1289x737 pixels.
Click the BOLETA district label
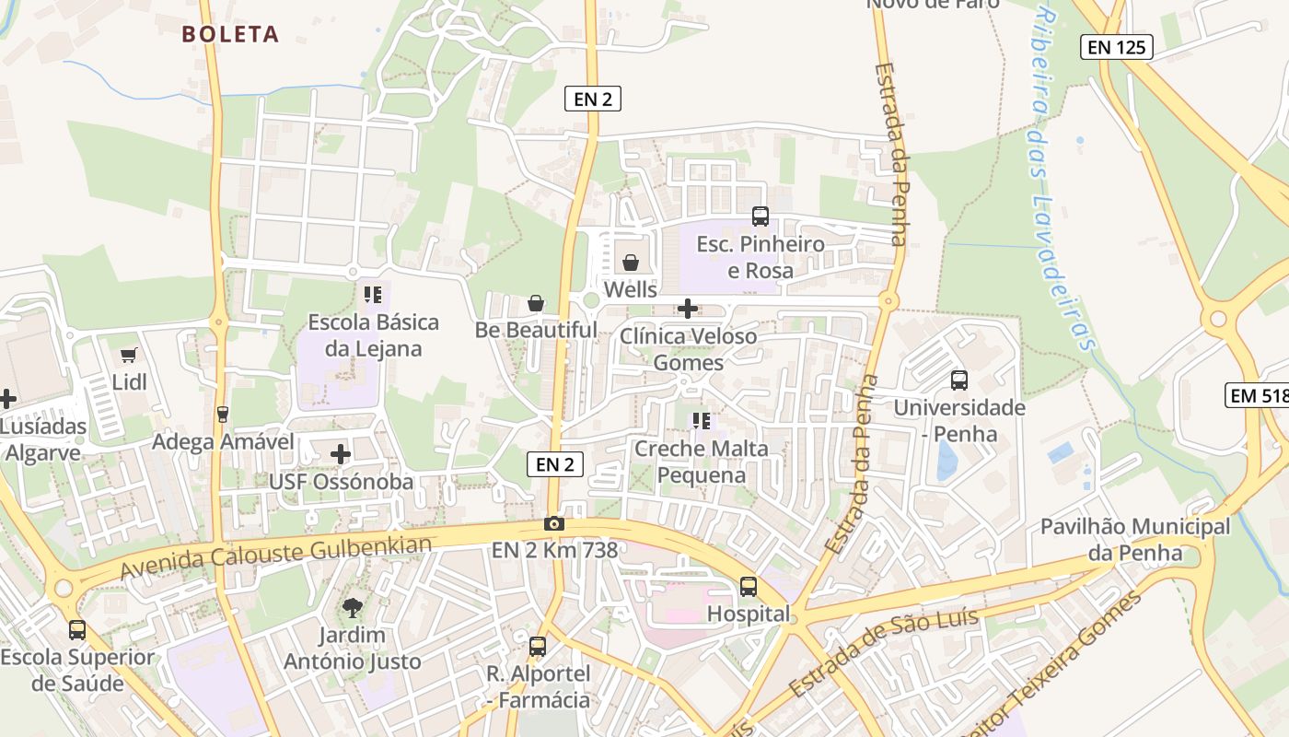click(x=230, y=35)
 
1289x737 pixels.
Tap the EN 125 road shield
click(x=1116, y=47)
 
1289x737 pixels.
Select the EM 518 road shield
click(x=1259, y=396)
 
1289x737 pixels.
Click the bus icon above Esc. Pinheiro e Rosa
click(x=761, y=216)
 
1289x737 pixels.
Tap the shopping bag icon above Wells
click(x=631, y=263)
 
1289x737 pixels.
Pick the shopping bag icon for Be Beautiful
click(x=536, y=303)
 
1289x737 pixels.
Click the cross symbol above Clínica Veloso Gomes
click(x=688, y=309)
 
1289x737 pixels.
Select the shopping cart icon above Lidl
click(x=129, y=356)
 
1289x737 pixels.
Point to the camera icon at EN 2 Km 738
click(x=553, y=524)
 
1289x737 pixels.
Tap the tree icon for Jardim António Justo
click(x=352, y=607)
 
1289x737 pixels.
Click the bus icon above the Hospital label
click(x=749, y=587)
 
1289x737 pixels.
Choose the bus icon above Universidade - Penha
click(x=959, y=380)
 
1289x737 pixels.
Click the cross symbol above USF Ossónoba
click(x=341, y=454)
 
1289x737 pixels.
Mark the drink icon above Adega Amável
click(x=222, y=415)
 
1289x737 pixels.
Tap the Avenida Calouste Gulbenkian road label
click(x=275, y=559)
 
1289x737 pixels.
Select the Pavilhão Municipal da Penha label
click(x=1134, y=540)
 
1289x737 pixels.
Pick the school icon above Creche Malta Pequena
click(x=702, y=421)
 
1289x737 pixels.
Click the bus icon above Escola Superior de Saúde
click(x=77, y=630)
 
